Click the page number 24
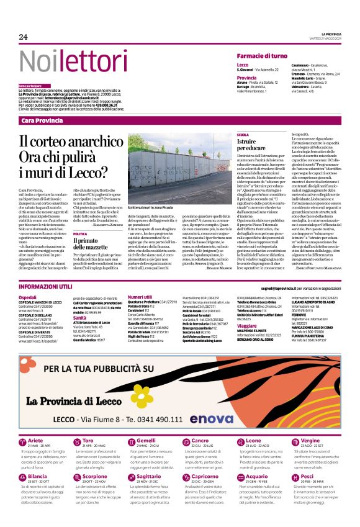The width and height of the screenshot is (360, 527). point(24,37)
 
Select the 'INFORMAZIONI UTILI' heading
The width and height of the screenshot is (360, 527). point(45,287)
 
